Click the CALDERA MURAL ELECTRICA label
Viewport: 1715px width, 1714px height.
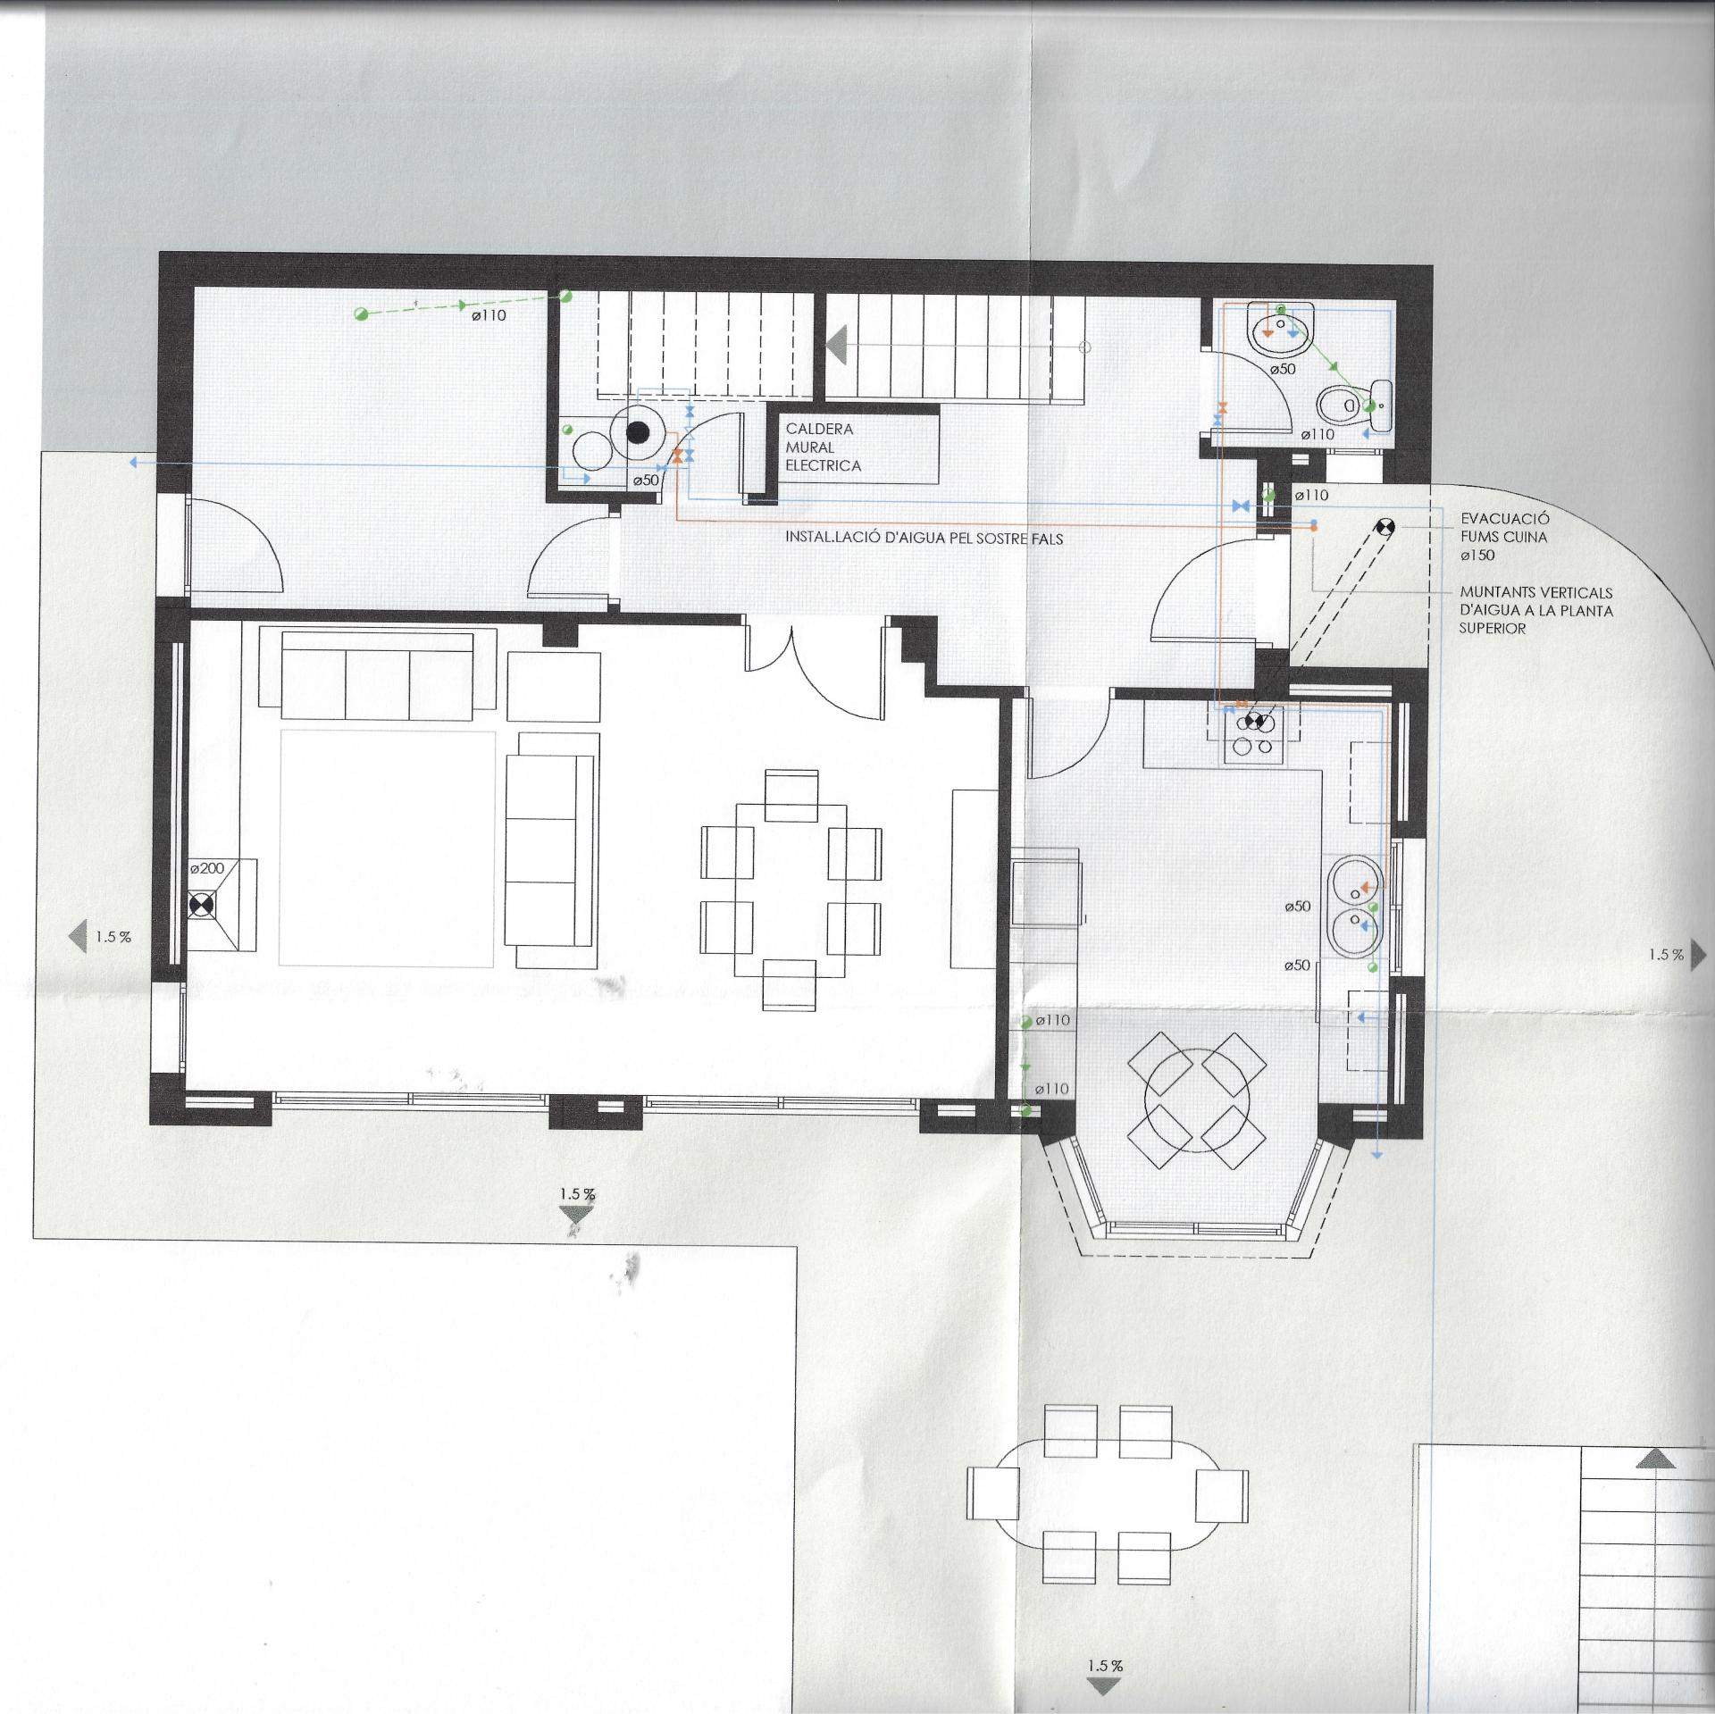coord(824,447)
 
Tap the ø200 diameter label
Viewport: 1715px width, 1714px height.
coord(206,868)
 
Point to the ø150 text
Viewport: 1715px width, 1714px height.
coord(1477,556)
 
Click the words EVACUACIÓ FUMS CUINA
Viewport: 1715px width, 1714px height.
coord(1504,528)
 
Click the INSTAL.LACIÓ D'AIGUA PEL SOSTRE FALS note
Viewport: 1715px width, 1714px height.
coord(924,539)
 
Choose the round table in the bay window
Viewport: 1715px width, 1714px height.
coord(1196,1101)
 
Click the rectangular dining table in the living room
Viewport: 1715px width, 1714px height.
coord(791,890)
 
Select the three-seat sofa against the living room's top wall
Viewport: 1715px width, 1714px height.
coord(377,674)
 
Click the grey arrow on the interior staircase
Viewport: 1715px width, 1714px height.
coord(837,346)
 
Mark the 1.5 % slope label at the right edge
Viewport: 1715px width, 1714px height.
coord(1666,955)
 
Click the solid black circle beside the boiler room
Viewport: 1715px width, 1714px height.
coord(637,433)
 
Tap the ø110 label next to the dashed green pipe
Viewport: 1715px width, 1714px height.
coord(489,315)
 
